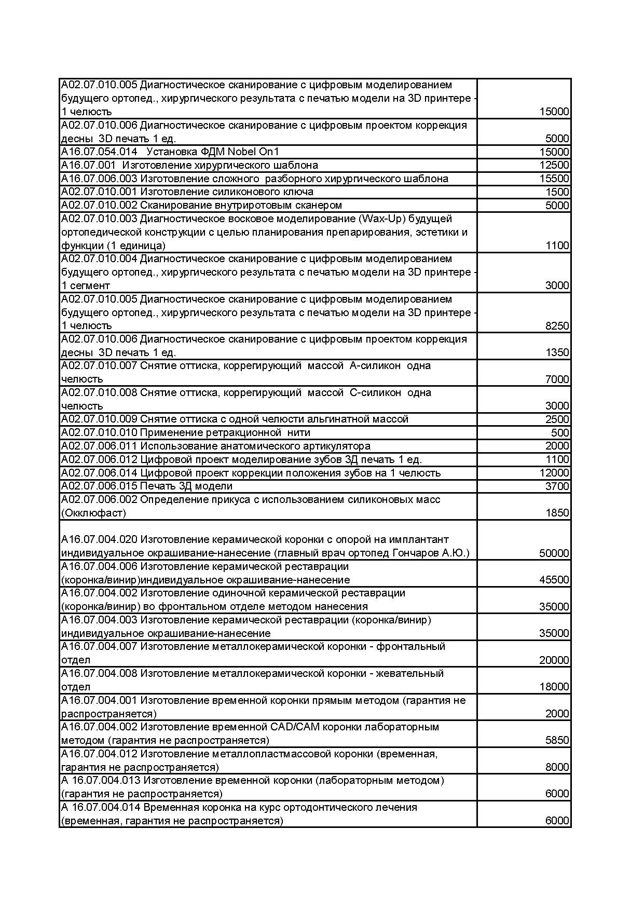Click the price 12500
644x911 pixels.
pos(554,166)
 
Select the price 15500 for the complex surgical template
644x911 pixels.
pos(554,179)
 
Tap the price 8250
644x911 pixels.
pos(557,326)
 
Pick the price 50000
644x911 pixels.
pos(554,553)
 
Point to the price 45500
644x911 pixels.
pos(554,580)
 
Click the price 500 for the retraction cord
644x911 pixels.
pos(560,433)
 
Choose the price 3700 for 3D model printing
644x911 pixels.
pos(557,486)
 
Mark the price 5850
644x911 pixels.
pos(557,741)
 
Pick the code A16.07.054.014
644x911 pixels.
pos(99,152)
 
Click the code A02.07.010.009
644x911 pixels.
pos(99,419)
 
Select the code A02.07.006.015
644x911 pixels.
pos(99,486)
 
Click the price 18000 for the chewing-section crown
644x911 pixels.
pos(554,687)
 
